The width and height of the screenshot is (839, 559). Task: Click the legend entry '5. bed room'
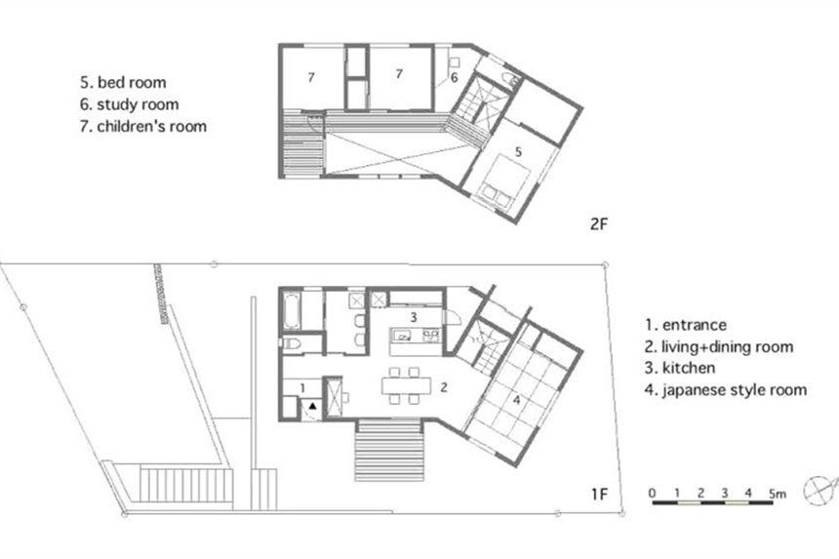[123, 82]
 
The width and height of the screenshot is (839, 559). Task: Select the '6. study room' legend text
[130, 104]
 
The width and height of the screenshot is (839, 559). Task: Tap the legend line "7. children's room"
[143, 126]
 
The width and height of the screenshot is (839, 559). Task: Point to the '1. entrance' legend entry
[686, 325]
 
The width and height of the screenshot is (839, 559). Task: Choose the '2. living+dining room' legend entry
[719, 346]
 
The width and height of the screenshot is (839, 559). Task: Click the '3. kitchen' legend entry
[680, 368]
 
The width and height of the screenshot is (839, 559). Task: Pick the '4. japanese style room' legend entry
[726, 390]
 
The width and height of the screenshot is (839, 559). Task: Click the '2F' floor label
[599, 223]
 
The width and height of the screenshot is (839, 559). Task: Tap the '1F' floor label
[600, 494]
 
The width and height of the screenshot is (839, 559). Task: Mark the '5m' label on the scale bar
[778, 493]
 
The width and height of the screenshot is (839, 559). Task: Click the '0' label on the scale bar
[652, 493]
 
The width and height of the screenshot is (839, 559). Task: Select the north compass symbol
[820, 490]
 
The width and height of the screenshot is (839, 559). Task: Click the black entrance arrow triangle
[312, 407]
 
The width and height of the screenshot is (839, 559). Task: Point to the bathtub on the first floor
[292, 309]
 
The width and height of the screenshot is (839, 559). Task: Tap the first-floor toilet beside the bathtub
[291, 342]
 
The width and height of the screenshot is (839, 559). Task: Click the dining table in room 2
[406, 385]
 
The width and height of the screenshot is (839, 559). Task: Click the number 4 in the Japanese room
[516, 400]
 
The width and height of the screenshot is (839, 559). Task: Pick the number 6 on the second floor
[455, 78]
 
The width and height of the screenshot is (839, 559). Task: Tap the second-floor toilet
[510, 79]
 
